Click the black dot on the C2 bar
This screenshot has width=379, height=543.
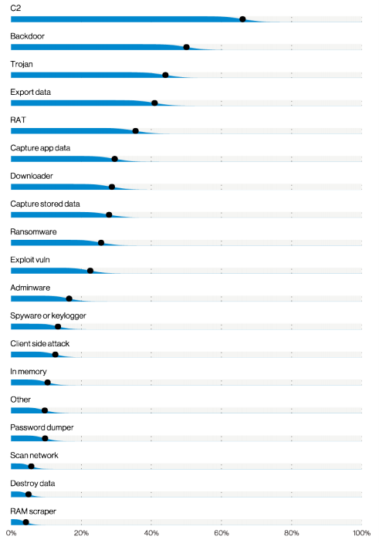[x=242, y=19]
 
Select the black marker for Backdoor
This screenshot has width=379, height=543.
[x=186, y=47]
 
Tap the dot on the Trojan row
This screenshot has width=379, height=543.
[x=165, y=75]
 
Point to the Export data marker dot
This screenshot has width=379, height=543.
[x=154, y=103]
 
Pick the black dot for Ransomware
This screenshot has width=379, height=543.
[x=101, y=243]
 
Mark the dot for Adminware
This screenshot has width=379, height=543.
[x=69, y=298]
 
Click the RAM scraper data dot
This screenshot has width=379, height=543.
[x=25, y=522]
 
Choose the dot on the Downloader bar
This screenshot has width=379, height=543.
[x=112, y=187]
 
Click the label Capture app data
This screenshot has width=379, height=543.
[x=40, y=148]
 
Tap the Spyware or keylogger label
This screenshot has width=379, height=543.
[x=48, y=315]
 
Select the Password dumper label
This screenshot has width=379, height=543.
[x=42, y=427]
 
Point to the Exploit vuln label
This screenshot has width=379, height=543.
[x=30, y=260]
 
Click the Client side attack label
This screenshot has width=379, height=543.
[x=40, y=343]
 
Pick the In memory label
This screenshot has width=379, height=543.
[x=29, y=372]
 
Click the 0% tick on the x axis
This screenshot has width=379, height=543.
[x=11, y=533]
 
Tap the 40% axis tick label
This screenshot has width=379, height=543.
[x=151, y=533]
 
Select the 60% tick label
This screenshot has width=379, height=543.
[x=222, y=533]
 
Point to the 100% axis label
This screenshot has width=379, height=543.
[x=362, y=533]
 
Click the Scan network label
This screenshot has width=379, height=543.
[x=34, y=455]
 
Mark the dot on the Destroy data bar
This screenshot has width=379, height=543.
[x=29, y=494]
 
